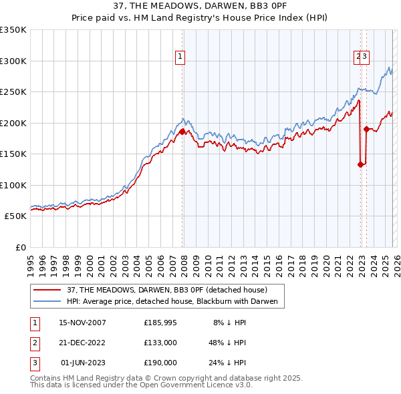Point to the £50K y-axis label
point(15,216)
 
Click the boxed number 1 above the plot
point(180,57)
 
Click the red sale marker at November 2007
point(182,132)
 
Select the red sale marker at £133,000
point(360,164)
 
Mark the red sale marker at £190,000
point(366,129)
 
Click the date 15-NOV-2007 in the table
point(83,323)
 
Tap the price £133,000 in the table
point(160,343)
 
